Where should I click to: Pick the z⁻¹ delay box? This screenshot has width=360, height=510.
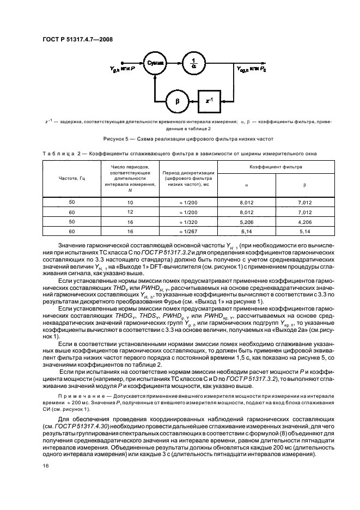pos(210,102)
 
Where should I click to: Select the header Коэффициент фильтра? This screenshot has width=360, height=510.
pos(276,167)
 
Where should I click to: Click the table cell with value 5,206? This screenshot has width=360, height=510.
pos(248,222)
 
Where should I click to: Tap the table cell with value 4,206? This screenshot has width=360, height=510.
pos(304,222)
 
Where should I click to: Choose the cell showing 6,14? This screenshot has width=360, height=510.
pos(248,231)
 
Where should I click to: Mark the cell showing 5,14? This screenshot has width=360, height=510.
pos(304,231)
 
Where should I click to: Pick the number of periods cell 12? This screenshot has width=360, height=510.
pos(130,212)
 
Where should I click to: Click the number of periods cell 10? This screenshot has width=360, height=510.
pos(130,202)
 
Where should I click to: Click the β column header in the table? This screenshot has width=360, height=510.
pos(304,185)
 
